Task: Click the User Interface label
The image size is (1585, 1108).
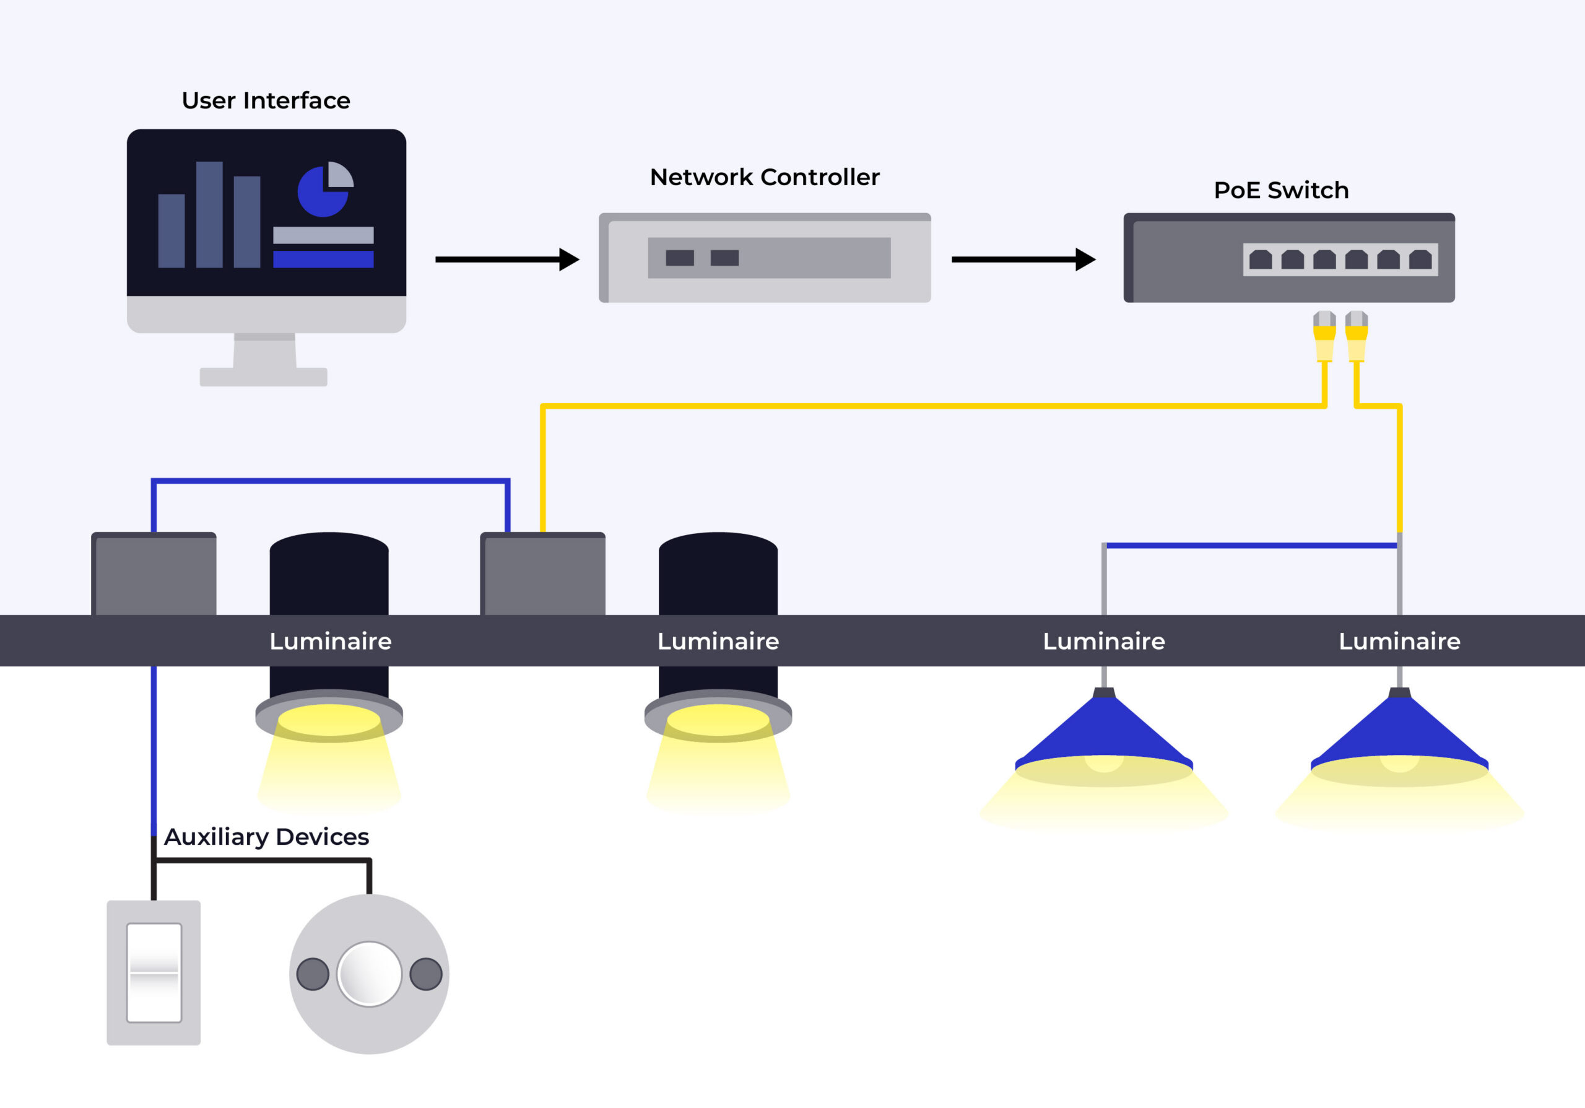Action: (266, 101)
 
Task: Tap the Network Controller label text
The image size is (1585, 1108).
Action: (764, 177)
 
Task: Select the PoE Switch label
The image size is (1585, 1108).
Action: (1280, 191)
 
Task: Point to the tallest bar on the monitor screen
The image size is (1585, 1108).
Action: (209, 215)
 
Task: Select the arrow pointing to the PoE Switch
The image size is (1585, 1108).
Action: (1022, 260)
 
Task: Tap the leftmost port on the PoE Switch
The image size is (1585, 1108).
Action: (1260, 260)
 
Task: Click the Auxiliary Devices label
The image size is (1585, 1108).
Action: (266, 837)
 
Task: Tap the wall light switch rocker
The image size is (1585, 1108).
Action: (154, 972)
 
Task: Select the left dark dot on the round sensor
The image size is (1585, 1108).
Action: (313, 974)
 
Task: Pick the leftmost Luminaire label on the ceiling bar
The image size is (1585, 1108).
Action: (330, 642)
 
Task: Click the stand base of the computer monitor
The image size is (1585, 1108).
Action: (263, 377)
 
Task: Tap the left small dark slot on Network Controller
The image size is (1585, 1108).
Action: (679, 258)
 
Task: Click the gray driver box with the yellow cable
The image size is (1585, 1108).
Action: (542, 574)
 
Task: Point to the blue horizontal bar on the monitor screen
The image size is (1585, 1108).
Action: (323, 260)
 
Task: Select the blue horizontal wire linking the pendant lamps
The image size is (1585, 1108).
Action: (1251, 546)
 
